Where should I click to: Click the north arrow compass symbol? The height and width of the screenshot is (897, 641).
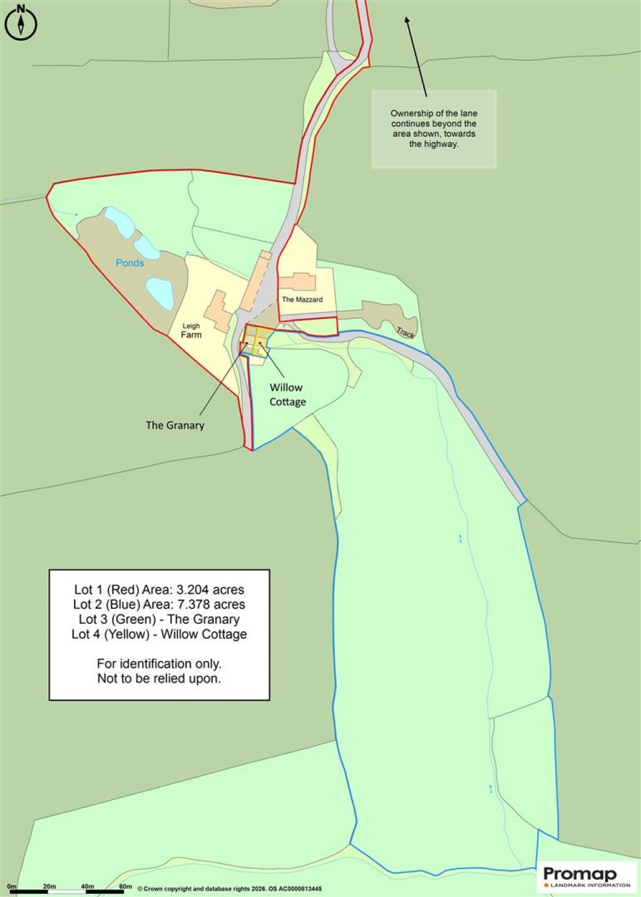(x=21, y=23)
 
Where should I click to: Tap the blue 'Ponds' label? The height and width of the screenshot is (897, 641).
(x=130, y=263)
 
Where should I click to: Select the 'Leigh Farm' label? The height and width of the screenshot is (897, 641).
(x=192, y=331)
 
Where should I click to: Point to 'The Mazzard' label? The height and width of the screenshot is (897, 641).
(x=302, y=300)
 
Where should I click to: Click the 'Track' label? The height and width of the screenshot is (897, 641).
(x=405, y=332)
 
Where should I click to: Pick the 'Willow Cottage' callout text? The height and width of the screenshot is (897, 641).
(x=287, y=395)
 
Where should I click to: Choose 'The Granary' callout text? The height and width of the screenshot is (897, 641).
(x=175, y=425)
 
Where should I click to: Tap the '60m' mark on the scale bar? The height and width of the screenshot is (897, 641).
(x=125, y=886)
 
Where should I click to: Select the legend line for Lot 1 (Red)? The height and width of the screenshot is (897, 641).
(x=159, y=590)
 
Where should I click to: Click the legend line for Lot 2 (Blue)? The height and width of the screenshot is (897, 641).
(x=159, y=605)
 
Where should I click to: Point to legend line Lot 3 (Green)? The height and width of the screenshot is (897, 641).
(x=159, y=620)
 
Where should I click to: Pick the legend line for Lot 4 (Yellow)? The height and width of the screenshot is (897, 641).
(x=159, y=634)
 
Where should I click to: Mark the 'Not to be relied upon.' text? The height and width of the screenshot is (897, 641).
(x=159, y=679)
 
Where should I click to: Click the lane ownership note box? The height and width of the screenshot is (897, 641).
(x=434, y=129)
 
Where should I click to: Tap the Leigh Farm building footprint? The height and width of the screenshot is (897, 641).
(x=218, y=310)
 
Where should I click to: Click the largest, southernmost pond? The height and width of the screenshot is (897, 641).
(x=160, y=293)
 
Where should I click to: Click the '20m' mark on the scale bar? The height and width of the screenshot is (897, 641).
(x=49, y=886)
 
